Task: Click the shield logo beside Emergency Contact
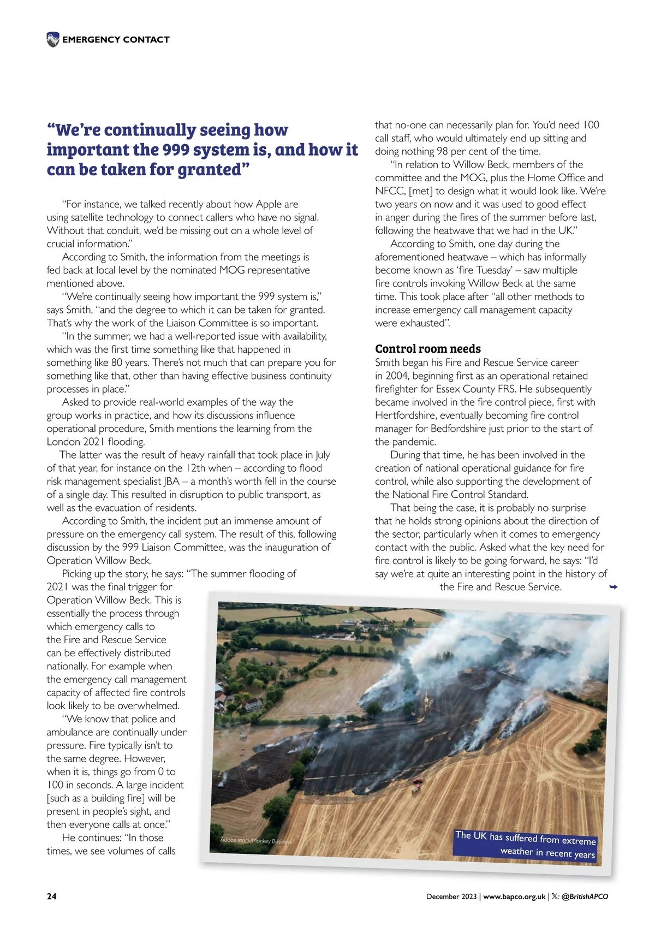[53, 39]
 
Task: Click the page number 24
[51, 896]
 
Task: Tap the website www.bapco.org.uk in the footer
[514, 896]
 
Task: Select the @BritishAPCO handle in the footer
[585, 896]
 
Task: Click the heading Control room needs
[428, 349]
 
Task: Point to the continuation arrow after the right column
[613, 587]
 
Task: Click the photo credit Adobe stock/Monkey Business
[255, 841]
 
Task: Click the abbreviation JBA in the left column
[172, 482]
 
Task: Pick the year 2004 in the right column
[396, 376]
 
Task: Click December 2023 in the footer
[452, 896]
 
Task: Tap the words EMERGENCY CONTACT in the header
[116, 39]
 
